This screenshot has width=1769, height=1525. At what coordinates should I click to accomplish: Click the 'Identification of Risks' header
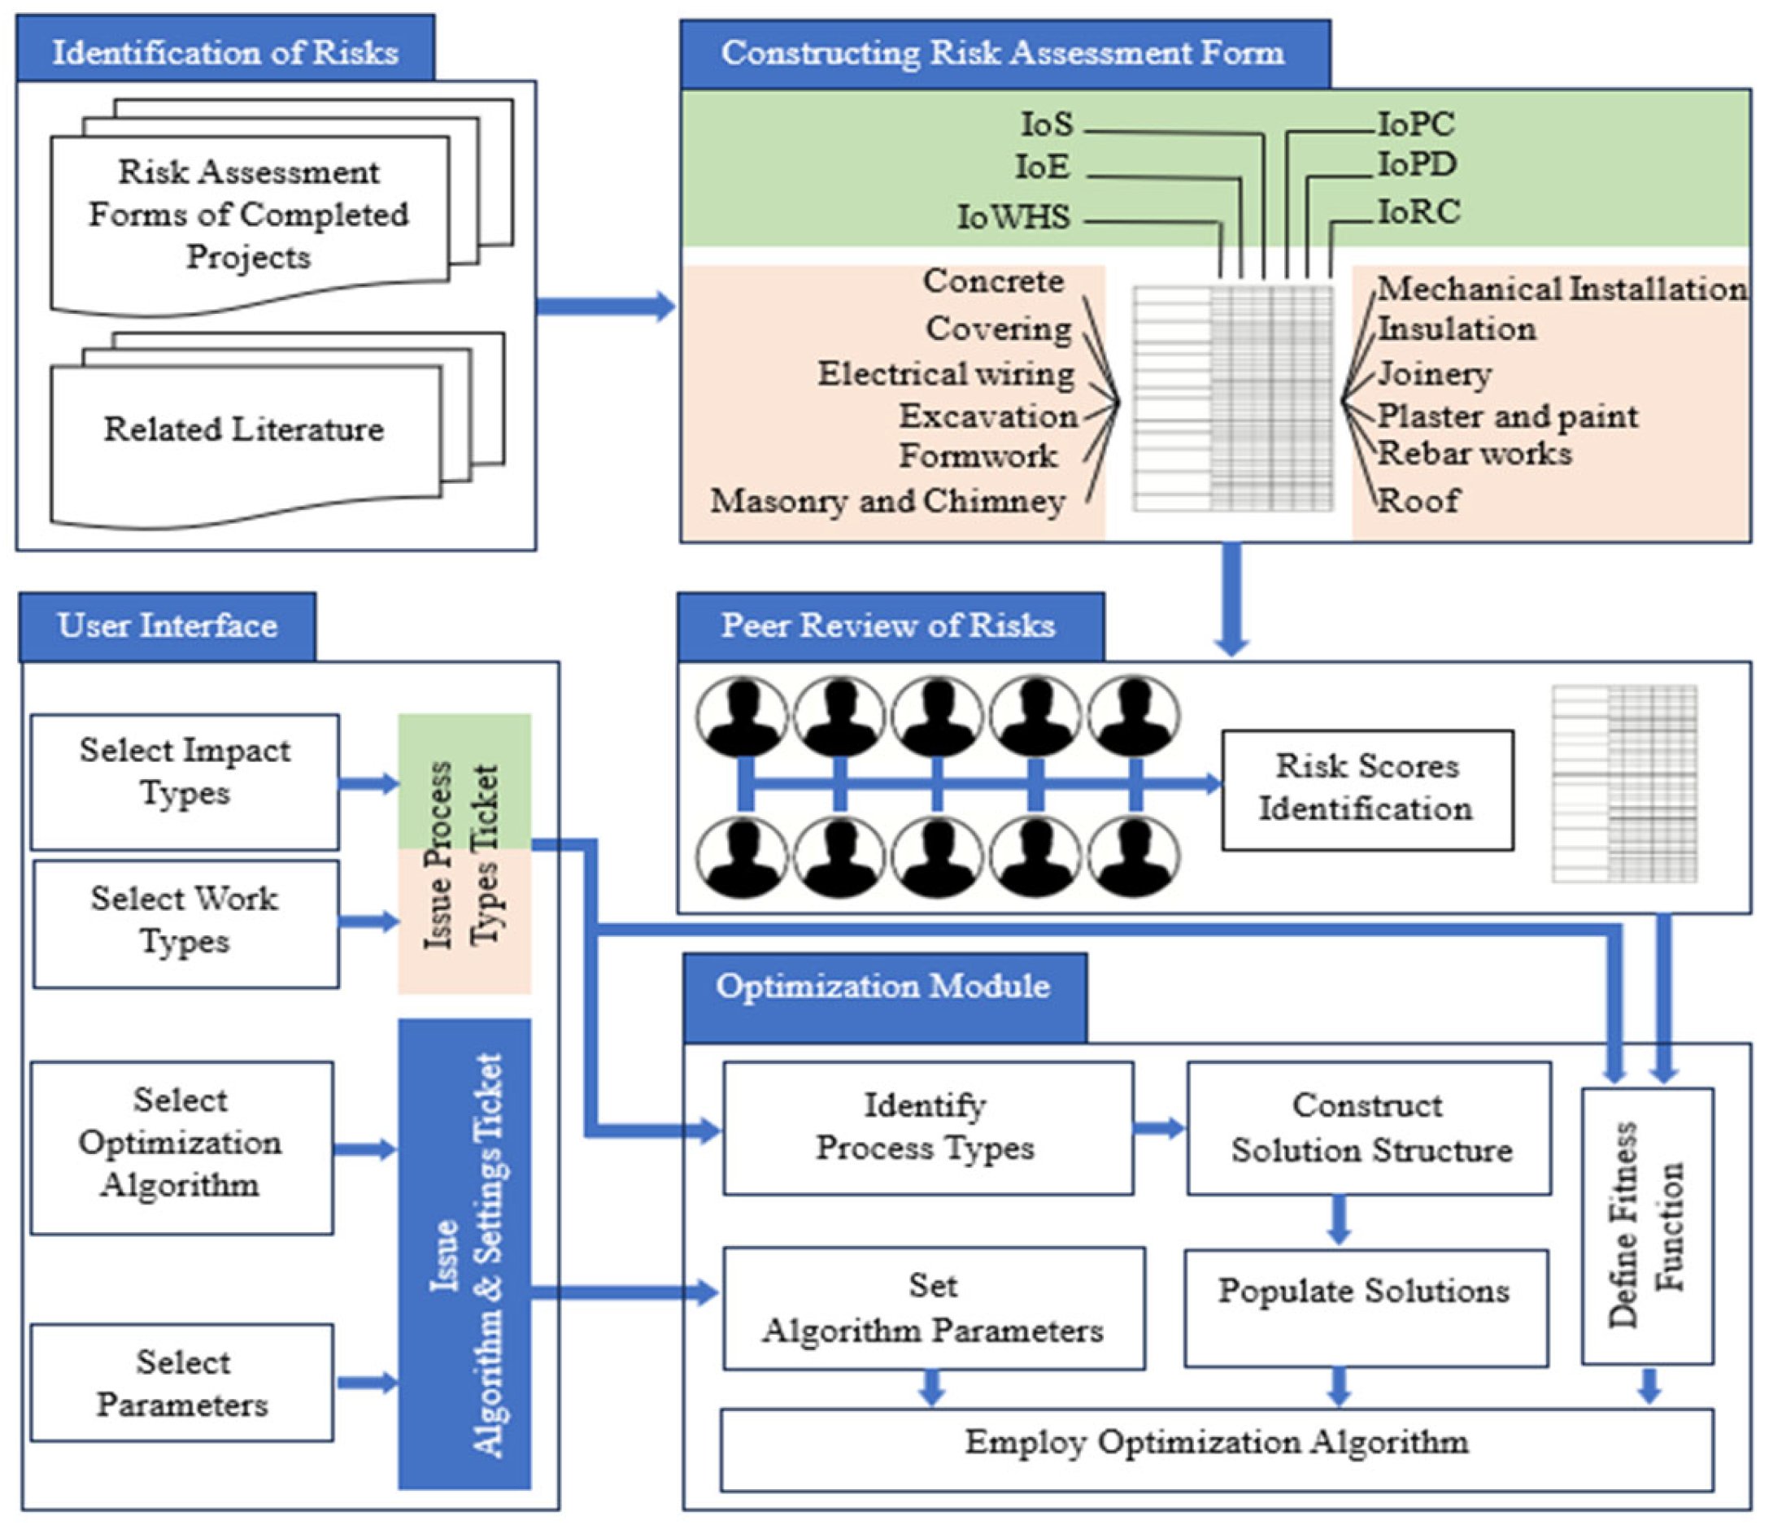(224, 52)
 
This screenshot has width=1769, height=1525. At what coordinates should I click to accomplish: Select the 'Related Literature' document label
(244, 429)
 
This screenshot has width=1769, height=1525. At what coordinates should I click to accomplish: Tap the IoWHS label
(1013, 217)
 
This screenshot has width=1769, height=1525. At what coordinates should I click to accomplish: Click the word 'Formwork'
(978, 456)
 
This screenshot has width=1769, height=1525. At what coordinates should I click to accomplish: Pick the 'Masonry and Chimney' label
(888, 501)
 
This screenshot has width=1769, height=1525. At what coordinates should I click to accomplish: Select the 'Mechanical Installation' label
(1562, 289)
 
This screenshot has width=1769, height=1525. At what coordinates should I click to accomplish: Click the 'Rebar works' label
(1475, 453)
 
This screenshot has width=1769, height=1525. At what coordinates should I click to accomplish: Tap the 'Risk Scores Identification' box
(1366, 788)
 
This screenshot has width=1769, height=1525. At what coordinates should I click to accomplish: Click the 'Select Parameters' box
(182, 1383)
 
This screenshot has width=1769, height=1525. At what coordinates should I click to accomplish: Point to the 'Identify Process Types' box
(927, 1127)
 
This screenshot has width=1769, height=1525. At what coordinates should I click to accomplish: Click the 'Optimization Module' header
(883, 987)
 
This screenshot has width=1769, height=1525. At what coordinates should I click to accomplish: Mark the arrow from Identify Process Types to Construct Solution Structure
(1161, 1128)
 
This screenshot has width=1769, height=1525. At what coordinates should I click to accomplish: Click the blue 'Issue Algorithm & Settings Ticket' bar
(464, 1253)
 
